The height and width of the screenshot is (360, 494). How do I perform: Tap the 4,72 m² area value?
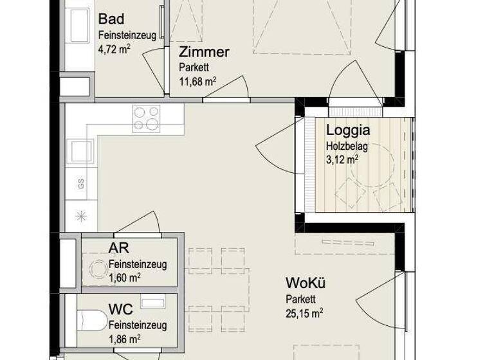click(x=114, y=48)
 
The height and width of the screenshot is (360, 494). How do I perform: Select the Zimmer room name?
click(x=204, y=53)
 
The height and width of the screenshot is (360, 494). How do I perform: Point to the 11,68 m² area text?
click(x=197, y=81)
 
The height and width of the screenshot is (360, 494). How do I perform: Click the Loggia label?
click(x=347, y=131)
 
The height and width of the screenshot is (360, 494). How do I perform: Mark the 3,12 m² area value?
click(x=342, y=161)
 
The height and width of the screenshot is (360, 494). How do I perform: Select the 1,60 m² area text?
click(x=125, y=278)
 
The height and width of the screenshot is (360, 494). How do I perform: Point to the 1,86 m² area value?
click(x=125, y=338)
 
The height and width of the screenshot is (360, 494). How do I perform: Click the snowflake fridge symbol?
click(x=81, y=215)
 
